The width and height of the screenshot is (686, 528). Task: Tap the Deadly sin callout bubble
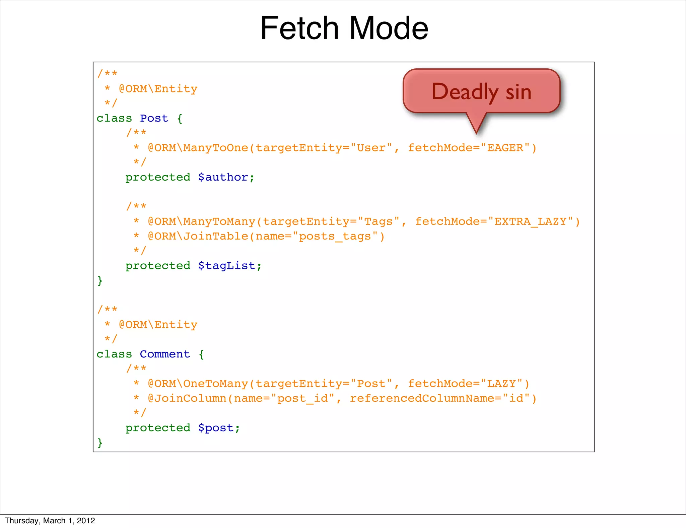pyautogui.click(x=481, y=91)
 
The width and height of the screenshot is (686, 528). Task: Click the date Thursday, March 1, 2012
pyautogui.click(x=50, y=520)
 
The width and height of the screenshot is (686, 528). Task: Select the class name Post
pyautogui.click(x=154, y=118)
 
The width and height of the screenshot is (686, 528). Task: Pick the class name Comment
pyautogui.click(x=165, y=354)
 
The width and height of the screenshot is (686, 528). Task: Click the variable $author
pyautogui.click(x=226, y=177)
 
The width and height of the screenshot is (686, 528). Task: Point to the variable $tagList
pyautogui.click(x=229, y=266)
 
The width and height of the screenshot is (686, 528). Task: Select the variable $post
pyautogui.click(x=219, y=428)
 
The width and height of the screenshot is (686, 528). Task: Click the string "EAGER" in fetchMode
pyautogui.click(x=505, y=148)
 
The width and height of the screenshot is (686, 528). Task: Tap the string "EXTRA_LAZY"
pyautogui.click(x=531, y=221)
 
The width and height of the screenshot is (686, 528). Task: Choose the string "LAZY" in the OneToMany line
pyautogui.click(x=501, y=384)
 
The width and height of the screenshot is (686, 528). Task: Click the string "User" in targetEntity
pyautogui.click(x=371, y=148)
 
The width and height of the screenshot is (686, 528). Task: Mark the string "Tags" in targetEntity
pyautogui.click(x=379, y=221)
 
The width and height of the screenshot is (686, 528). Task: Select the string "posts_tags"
pyautogui.click(x=335, y=236)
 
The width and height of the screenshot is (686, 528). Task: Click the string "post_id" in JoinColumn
pyautogui.click(x=302, y=398)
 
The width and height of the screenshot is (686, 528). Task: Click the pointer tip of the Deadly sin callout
pyautogui.click(x=476, y=133)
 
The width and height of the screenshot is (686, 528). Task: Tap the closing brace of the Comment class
pyautogui.click(x=100, y=443)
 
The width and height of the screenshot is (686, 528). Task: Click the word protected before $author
pyautogui.click(x=158, y=177)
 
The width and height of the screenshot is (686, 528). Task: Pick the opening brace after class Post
pyautogui.click(x=180, y=118)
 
